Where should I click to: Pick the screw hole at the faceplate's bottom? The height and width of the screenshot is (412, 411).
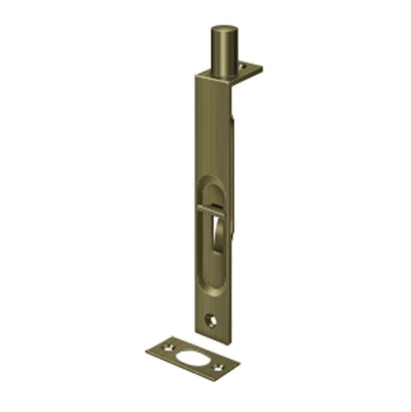(x=211, y=321)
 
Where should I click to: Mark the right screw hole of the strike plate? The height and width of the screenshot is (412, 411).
(x=219, y=365)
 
